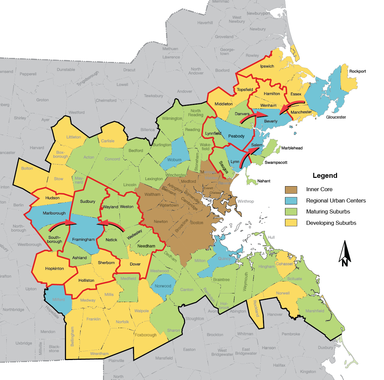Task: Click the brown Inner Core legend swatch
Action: [x=291, y=190]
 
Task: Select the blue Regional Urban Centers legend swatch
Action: [x=291, y=201]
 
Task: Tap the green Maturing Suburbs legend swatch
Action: [x=291, y=212]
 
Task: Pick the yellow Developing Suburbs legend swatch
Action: [x=291, y=223]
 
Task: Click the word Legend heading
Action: [x=325, y=176]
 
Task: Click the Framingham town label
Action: [x=83, y=239]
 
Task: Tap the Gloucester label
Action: [x=336, y=117]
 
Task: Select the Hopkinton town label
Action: [x=55, y=268]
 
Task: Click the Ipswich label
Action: [x=267, y=66]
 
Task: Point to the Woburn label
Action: [x=174, y=160]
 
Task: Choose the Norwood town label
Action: [x=163, y=286]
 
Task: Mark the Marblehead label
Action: [x=292, y=148]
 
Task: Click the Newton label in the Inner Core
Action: [x=161, y=221]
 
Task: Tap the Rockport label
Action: [x=358, y=71]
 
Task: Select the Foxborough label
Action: [x=146, y=335]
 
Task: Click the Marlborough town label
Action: [x=54, y=213]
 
